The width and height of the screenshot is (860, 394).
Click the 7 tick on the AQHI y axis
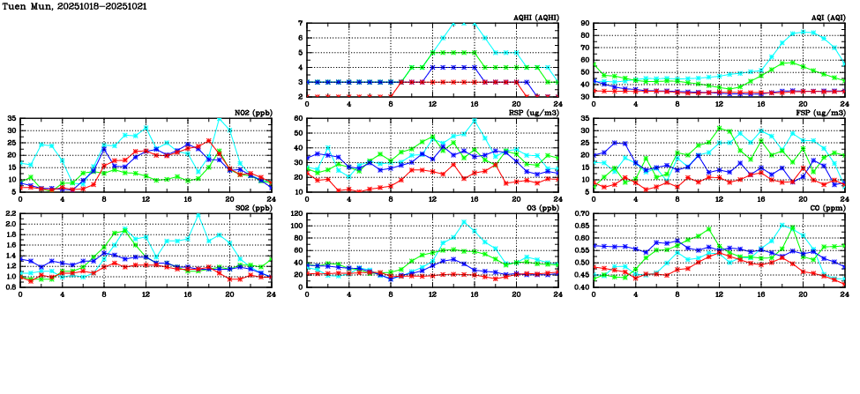pos(301,24)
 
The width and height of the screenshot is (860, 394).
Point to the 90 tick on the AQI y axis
pos(585,24)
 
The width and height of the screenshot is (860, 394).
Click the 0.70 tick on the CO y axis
pos(581,214)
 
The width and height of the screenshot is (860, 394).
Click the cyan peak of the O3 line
pos(464,222)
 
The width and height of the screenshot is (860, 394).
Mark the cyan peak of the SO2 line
pos(198,214)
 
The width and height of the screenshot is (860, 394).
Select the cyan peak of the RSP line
pos(475,121)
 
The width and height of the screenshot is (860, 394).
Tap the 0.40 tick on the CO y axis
pos(581,287)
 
